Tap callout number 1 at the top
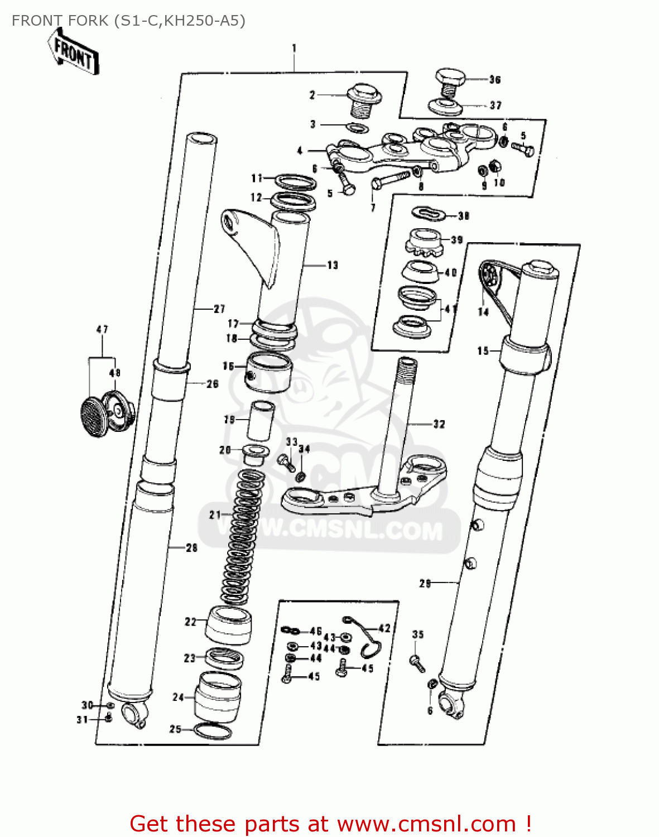294,49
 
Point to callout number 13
333,265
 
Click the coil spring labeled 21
241,536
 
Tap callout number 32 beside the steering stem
439,424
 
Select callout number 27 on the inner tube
219,309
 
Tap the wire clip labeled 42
366,636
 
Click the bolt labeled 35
417,663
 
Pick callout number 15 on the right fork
483,351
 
